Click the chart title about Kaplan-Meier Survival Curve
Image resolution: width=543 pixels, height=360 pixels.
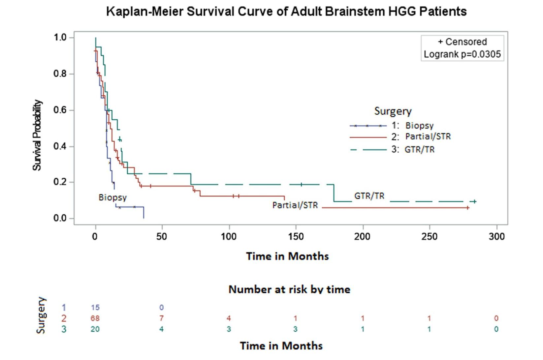[x=286, y=12]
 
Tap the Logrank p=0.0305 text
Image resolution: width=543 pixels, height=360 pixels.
[x=462, y=54]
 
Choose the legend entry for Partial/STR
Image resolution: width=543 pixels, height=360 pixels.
[x=428, y=136]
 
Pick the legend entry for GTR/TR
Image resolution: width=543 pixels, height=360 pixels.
[x=419, y=150]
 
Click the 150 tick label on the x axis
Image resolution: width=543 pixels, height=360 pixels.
[x=296, y=236]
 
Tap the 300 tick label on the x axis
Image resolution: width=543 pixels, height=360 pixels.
[x=496, y=236]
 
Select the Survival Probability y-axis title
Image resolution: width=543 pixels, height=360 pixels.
[x=37, y=135]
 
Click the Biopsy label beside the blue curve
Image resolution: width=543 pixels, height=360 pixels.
[x=112, y=197]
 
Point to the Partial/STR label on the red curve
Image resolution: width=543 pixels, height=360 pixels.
[x=295, y=205]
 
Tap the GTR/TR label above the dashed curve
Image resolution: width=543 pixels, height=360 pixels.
[x=369, y=196]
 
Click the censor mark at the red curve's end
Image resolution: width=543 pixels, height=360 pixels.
[x=468, y=208]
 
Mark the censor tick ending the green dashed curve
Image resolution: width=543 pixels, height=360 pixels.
[x=474, y=201]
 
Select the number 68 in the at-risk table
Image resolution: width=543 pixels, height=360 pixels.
[x=95, y=318]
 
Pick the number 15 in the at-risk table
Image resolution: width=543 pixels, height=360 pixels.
[x=95, y=308]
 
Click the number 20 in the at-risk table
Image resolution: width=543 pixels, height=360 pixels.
[x=95, y=329]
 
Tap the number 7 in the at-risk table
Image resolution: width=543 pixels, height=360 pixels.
[x=161, y=318]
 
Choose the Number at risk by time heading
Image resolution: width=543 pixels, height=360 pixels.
[x=289, y=289]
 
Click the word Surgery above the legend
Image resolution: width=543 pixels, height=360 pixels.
[x=393, y=111]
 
